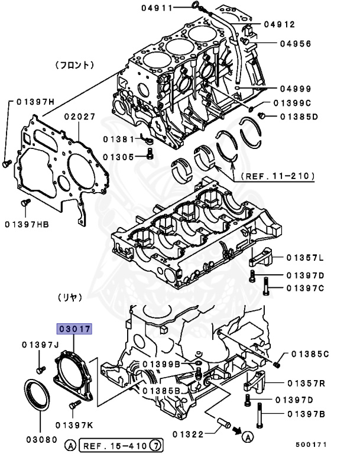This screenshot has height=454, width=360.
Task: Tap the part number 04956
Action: click(x=296, y=44)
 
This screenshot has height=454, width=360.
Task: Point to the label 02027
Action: click(x=80, y=117)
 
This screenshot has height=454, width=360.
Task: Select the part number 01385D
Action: click(x=299, y=116)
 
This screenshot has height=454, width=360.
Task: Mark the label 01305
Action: click(x=118, y=157)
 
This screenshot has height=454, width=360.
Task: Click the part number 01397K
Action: click(x=74, y=424)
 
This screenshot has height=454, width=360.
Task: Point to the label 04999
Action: click(x=296, y=89)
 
